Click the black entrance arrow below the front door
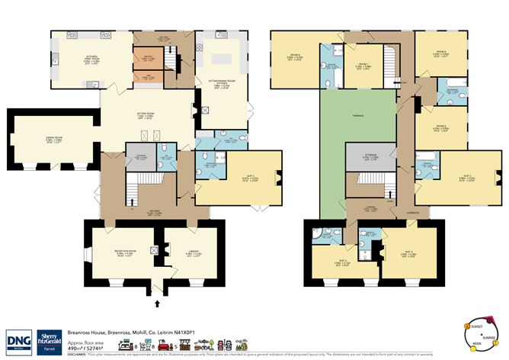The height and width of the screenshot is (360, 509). coord(158,303)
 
